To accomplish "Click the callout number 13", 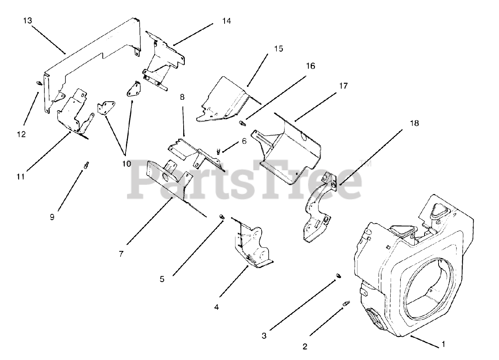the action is (27, 21).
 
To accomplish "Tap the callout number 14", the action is (226, 21).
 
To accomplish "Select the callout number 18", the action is (414, 123).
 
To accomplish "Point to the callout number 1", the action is (443, 344).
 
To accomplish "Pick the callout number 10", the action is (126, 164).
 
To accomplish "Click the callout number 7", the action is (121, 254).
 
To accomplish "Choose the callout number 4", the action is (216, 307).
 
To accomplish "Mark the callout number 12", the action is (21, 134).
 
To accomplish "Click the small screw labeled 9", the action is (85, 165).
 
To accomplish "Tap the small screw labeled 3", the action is (338, 276).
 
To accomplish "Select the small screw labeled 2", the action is (345, 303).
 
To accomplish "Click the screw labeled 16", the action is (241, 123).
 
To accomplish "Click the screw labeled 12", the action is (39, 83).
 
